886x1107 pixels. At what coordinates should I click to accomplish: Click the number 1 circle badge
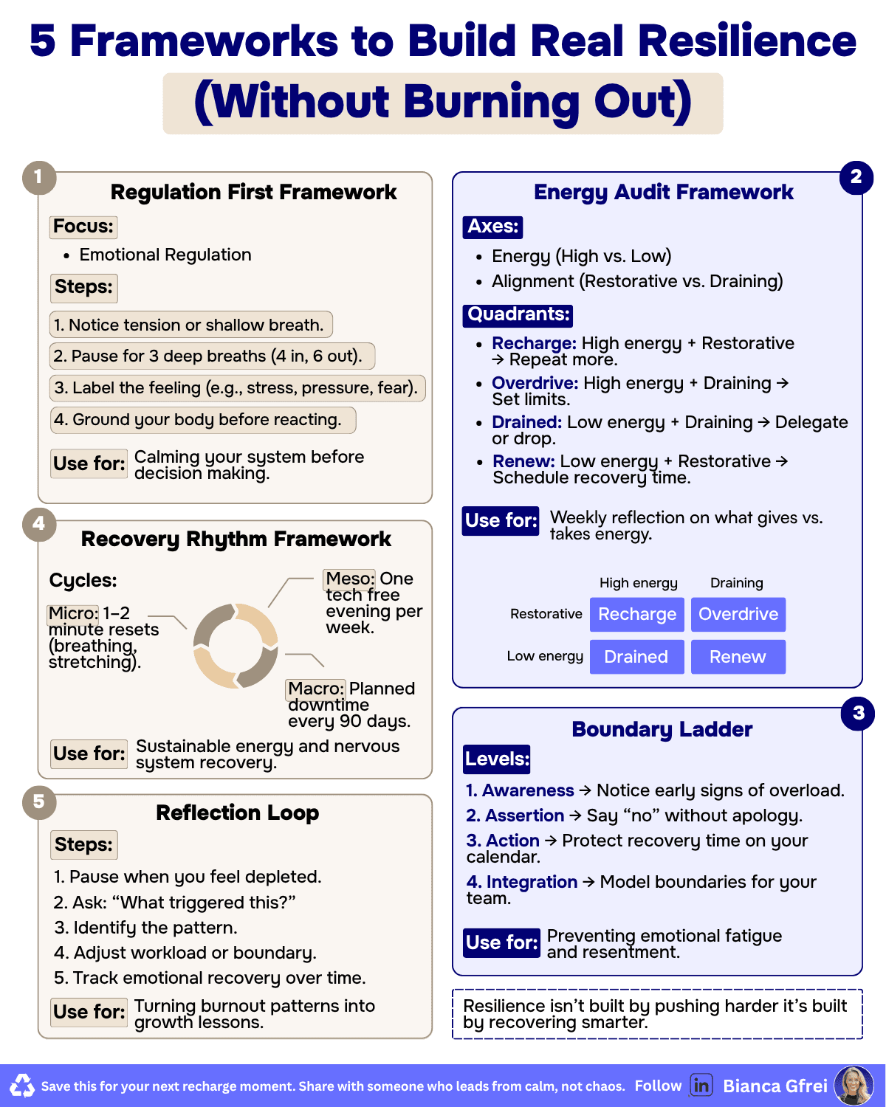pos(39,178)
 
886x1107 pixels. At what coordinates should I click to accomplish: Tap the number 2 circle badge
pos(856,177)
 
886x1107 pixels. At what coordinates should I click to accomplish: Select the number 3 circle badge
pos(858,713)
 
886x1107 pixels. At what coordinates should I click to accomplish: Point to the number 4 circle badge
pos(39,524)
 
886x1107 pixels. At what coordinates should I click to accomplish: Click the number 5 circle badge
pos(39,802)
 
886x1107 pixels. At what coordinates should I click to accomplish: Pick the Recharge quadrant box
pos(637,615)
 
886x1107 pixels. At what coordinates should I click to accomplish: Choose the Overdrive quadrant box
pos(738,615)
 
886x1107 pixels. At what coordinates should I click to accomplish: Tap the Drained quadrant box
pos(636,657)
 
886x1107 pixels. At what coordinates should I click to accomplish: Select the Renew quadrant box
pos(738,657)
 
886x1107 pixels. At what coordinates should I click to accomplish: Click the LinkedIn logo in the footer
pos(701,1086)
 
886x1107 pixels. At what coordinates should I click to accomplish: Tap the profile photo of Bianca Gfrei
pos(854,1086)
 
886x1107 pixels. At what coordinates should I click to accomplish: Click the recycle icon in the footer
pos(22,1086)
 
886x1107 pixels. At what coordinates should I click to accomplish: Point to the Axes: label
pos(492,227)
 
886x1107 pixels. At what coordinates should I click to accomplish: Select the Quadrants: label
pos(518,314)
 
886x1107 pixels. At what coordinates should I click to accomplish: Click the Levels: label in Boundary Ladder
pos(497,759)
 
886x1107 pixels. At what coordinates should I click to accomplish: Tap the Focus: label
pos(84,227)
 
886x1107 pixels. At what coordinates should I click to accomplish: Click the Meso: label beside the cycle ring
pos(350,579)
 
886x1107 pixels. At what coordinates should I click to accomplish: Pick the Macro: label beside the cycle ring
pos(316,689)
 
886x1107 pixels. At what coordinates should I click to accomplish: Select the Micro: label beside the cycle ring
pos(73,613)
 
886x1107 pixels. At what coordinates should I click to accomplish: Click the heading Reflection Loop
pos(238,813)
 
